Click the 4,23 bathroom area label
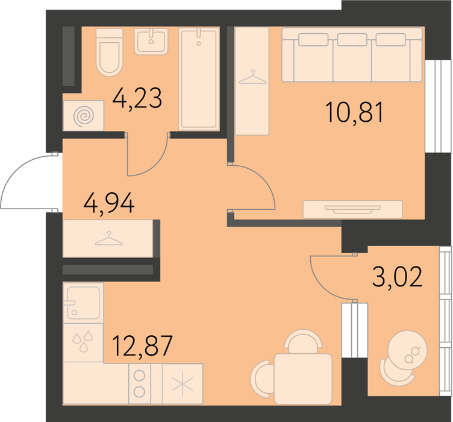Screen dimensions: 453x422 (x=137, y=98)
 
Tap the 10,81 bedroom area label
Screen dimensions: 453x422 (x=354, y=112)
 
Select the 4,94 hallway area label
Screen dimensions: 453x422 (x=109, y=203)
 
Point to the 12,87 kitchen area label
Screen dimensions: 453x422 (x=142, y=345)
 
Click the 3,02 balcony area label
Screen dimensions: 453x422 (x=398, y=277)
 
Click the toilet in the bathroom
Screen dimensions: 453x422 (x=110, y=52)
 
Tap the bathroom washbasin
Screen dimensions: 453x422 (x=151, y=42)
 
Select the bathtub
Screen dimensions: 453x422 (x=198, y=78)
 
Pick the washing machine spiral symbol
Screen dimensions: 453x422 (x=84, y=116)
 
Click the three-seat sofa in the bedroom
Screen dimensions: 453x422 (x=352, y=55)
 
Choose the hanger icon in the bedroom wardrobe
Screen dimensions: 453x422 (x=252, y=77)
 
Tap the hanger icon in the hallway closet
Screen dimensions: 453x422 (x=109, y=239)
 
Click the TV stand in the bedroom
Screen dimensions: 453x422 (x=352, y=209)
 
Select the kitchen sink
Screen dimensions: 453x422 (x=84, y=303)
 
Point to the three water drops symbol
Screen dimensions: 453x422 (x=83, y=342)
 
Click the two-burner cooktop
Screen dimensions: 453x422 (x=140, y=383)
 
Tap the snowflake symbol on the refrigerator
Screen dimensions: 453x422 (x=183, y=383)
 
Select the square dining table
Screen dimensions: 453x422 (x=303, y=379)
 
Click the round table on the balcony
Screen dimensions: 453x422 (x=408, y=350)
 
